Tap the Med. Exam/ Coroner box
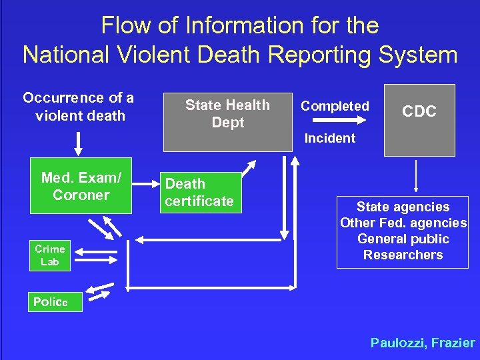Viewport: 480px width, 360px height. [x=81, y=186]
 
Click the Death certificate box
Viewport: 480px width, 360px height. [x=199, y=192]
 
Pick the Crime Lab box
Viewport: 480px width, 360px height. [x=49, y=255]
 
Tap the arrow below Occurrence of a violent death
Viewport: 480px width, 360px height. [x=79, y=142]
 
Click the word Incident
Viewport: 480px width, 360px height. [x=330, y=139]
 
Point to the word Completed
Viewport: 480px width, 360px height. [x=335, y=106]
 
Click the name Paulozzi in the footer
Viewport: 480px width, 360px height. [x=397, y=343]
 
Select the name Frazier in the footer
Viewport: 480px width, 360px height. [x=453, y=343]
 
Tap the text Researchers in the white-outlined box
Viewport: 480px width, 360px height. [x=403, y=255]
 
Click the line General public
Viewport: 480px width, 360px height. [x=403, y=239]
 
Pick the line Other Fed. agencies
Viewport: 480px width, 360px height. [x=403, y=223]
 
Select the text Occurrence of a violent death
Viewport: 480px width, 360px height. [x=79, y=107]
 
